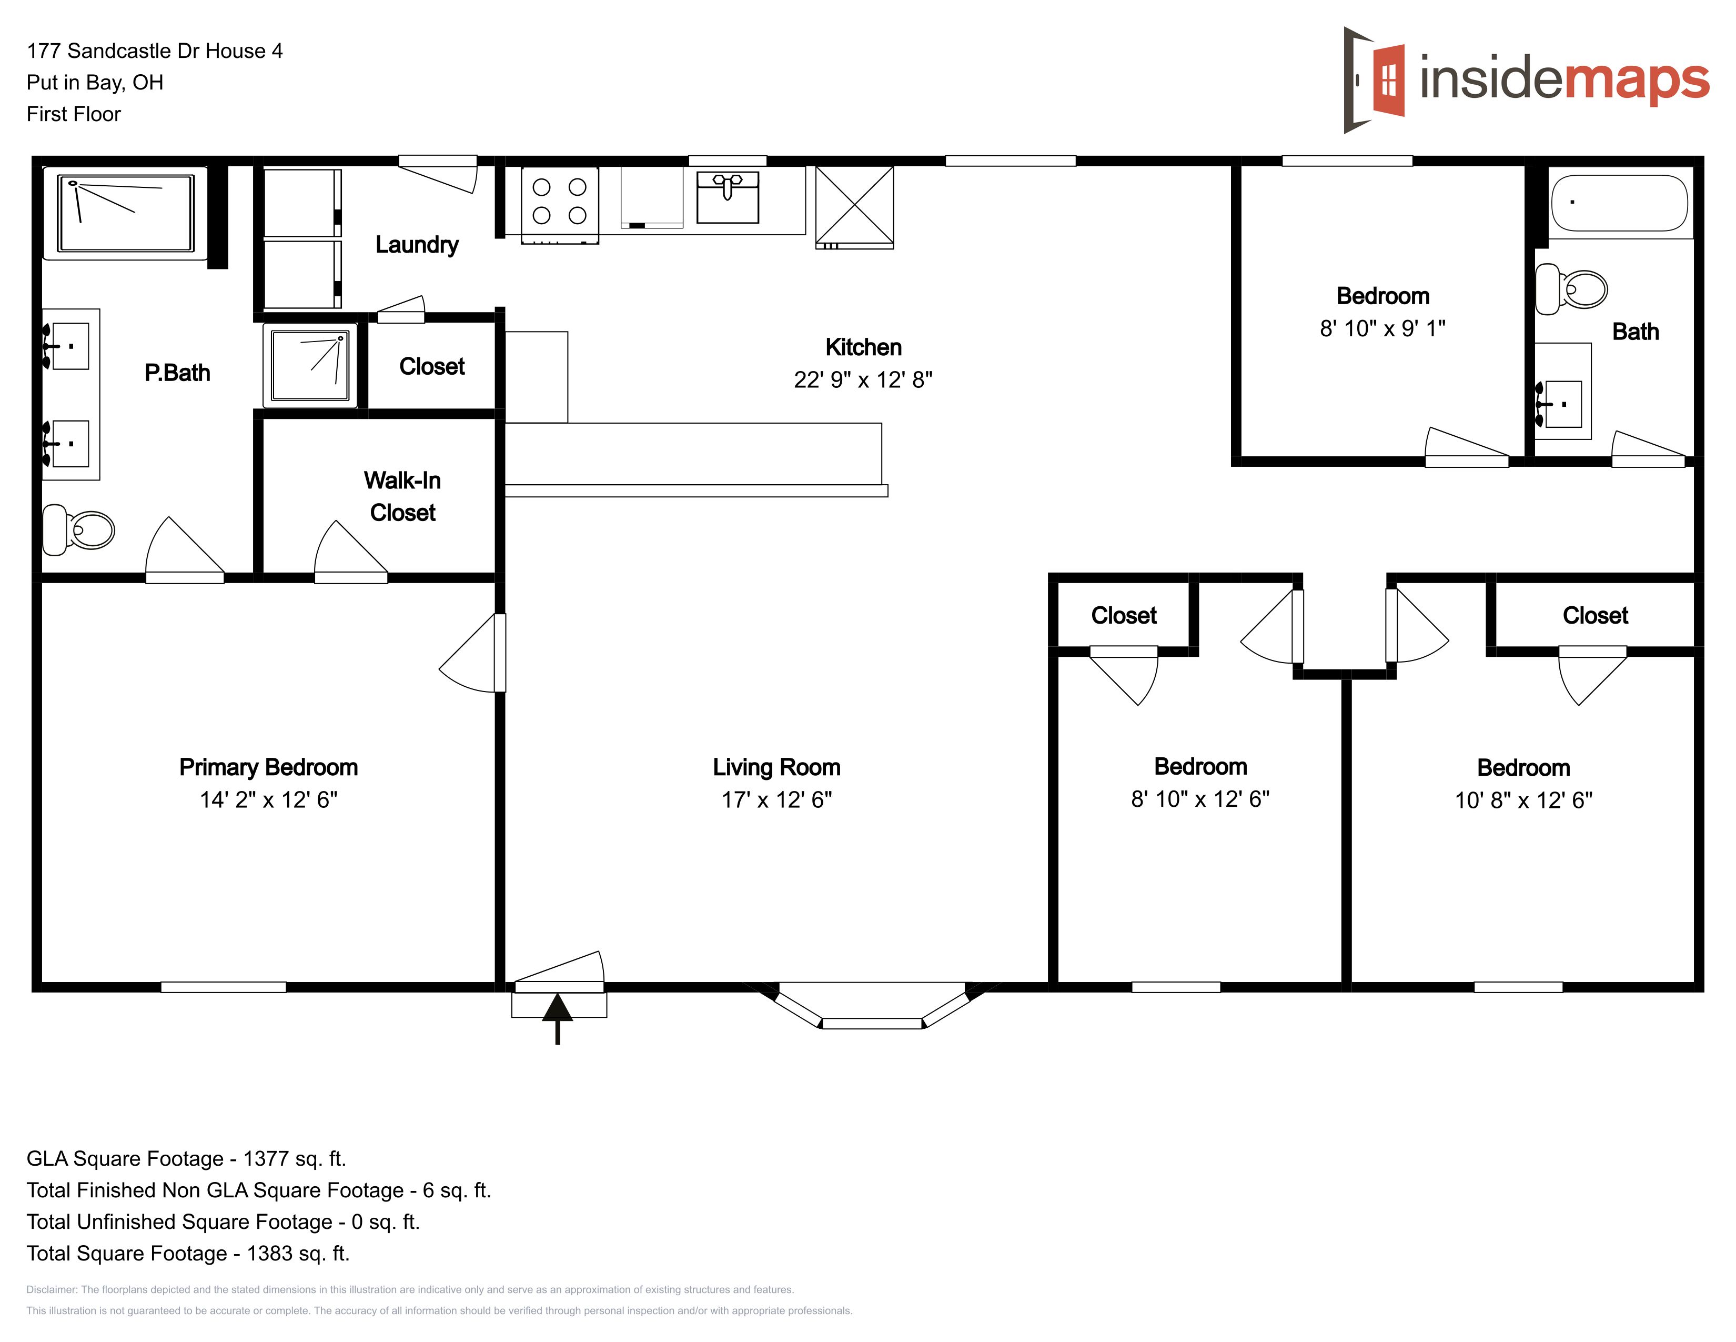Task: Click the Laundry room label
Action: pos(417,245)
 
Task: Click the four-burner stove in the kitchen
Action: pos(560,204)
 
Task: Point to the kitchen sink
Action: pos(728,197)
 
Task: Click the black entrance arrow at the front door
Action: pos(557,1018)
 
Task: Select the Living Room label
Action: pos(776,767)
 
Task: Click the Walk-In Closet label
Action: pos(402,496)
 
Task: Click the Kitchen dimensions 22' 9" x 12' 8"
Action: pos(863,380)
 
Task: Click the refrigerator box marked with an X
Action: pos(854,207)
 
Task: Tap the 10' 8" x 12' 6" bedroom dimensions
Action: pos(1524,800)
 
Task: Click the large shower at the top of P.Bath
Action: pos(126,213)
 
